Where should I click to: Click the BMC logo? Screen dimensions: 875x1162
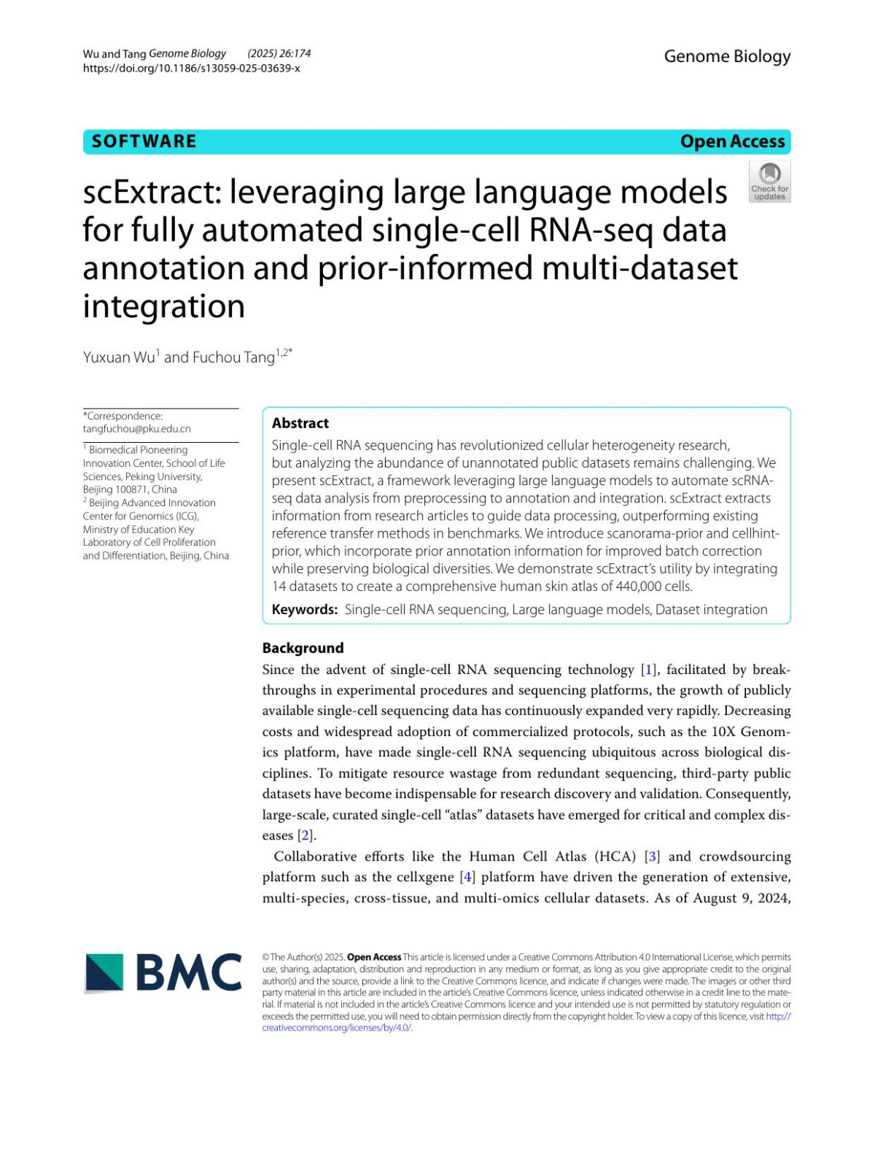pyautogui.click(x=163, y=972)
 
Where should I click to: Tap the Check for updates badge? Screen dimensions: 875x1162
pyautogui.click(x=769, y=182)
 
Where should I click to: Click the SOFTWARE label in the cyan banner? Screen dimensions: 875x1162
pyautogui.click(x=144, y=142)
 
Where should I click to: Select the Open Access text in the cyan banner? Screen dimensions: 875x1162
pyautogui.click(x=732, y=142)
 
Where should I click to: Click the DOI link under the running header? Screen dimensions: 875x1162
pyautogui.click(x=191, y=69)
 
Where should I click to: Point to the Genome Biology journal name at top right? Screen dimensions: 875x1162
pyautogui.click(x=727, y=56)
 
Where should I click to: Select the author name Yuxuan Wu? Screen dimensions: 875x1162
pyautogui.click(x=118, y=357)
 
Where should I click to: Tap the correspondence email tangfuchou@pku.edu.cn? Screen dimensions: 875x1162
pyautogui.click(x=136, y=429)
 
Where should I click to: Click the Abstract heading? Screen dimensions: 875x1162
pyautogui.click(x=300, y=423)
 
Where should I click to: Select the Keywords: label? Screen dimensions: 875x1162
pyautogui.click(x=304, y=610)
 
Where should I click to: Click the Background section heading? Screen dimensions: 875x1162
pyautogui.click(x=303, y=648)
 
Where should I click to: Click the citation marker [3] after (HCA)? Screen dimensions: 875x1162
pyautogui.click(x=653, y=856)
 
